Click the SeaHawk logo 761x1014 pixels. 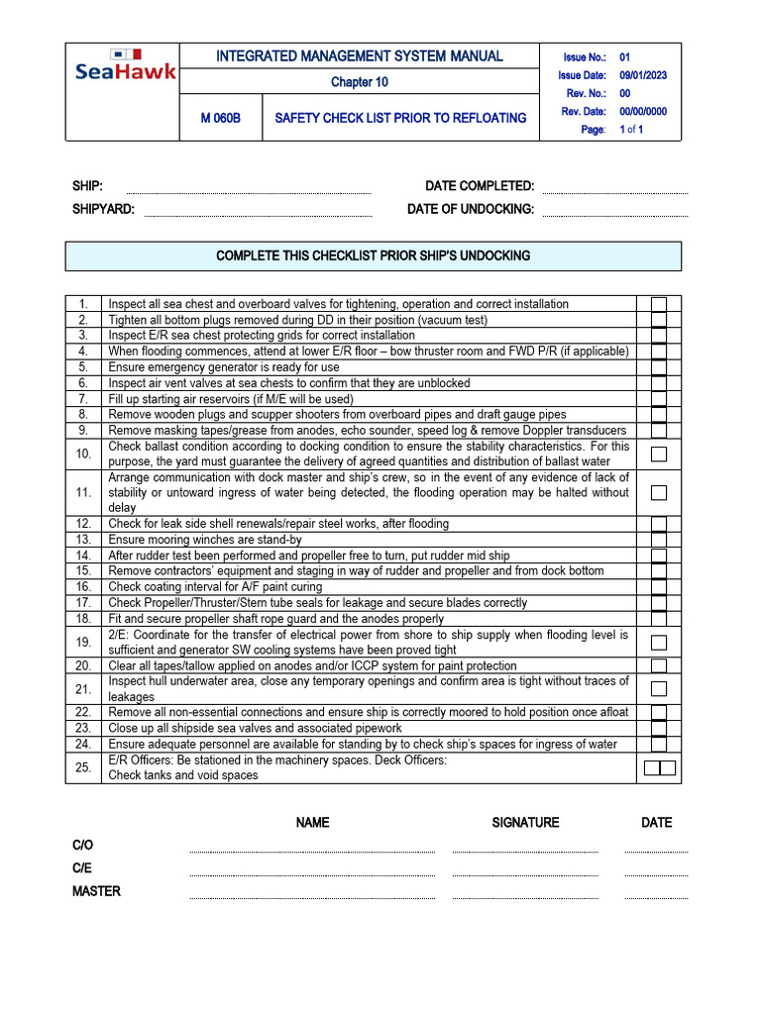tap(125, 64)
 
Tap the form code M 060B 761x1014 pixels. tap(220, 118)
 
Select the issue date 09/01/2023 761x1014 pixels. tap(644, 75)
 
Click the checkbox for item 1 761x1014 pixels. tap(659, 304)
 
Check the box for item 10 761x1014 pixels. tap(659, 455)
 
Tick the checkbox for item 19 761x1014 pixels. tap(659, 643)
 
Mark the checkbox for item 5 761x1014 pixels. tap(659, 367)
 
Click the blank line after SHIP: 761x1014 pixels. tap(249, 193)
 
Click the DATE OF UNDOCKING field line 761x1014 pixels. tap(614, 215)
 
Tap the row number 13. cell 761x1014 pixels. tap(83, 540)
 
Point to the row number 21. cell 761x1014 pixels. tap(83, 689)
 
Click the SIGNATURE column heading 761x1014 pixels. tap(525, 822)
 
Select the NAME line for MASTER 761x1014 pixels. tap(311, 897)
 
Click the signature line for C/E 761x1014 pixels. tap(525, 874)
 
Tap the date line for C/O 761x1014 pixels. tap(656, 851)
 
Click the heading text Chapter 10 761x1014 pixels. tap(360, 82)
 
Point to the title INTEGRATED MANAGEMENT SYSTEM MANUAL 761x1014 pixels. tap(360, 56)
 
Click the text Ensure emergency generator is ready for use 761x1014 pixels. tap(224, 367)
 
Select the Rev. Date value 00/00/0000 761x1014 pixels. tap(644, 111)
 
